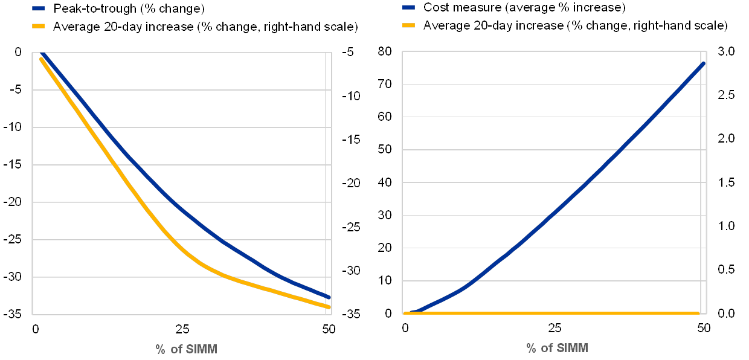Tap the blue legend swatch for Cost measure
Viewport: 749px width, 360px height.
pos(407,8)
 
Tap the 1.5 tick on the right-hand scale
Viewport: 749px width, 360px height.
pos(727,182)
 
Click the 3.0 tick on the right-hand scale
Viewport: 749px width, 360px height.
pos(727,52)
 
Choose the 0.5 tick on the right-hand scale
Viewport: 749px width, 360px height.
pos(727,269)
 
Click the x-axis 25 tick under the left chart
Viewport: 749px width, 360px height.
pos(182,329)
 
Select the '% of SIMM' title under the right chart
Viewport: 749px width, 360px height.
pos(557,349)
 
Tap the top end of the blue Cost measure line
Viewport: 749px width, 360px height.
pos(704,63)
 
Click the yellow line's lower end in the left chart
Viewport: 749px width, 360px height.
pos(330,307)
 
